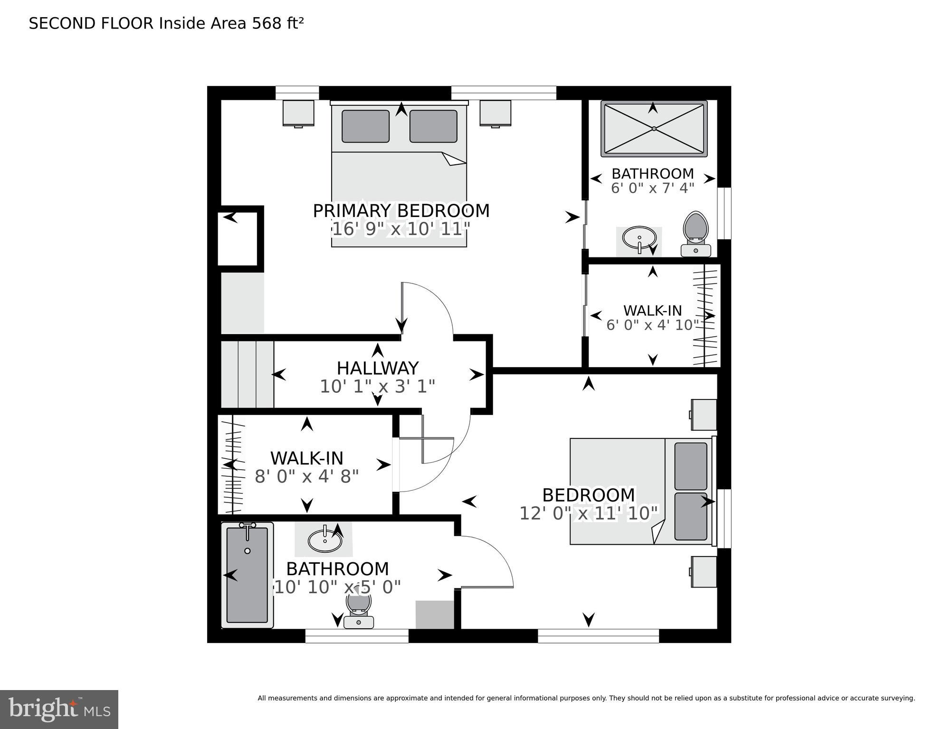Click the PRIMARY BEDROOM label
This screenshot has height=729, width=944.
[x=401, y=211]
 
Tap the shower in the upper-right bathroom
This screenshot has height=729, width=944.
[x=654, y=129]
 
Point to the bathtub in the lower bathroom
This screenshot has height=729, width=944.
[x=247, y=575]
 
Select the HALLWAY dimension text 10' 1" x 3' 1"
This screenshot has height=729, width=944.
[x=377, y=387]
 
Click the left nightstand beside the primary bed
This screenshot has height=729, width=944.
[x=298, y=113]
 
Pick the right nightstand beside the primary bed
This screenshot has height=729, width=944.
[x=495, y=113]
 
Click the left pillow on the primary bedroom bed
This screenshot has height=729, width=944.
[x=365, y=126]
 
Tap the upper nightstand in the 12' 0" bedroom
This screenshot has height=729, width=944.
[x=704, y=415]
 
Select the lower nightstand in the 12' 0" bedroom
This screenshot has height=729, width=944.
[x=704, y=571]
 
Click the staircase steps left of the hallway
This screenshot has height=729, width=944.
[x=248, y=374]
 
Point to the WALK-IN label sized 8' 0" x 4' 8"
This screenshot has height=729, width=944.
[x=306, y=458]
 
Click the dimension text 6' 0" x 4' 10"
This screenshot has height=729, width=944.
[x=653, y=325]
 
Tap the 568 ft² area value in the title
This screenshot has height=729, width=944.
[x=277, y=23]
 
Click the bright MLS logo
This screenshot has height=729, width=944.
[x=59, y=709]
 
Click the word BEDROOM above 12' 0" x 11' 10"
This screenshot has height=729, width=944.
[x=588, y=495]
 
